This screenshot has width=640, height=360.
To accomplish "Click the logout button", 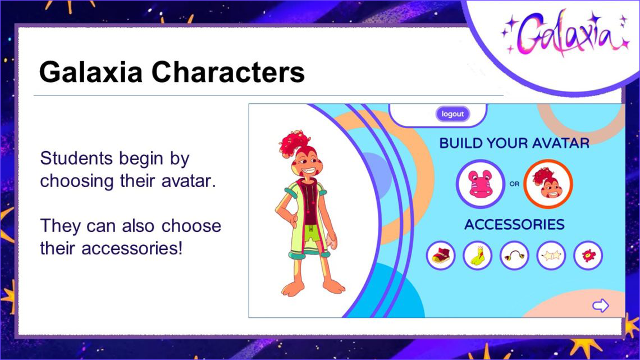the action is coord(452,114).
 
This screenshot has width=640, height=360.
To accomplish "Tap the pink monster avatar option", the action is coord(481,184).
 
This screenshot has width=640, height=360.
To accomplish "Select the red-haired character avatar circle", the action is coord(548,184).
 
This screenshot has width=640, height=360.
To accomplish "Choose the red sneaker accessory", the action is coord(441,256).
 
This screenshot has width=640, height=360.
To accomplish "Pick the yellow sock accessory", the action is coord(478,256).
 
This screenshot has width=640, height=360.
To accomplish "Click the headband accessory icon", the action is coord(514,256).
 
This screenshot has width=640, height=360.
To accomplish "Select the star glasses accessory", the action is coord(551,256).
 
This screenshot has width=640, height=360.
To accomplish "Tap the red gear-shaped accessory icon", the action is coord(588,256).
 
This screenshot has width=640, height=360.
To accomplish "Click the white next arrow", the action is coord(600,306).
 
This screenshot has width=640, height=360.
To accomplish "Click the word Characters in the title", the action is coord(228,72).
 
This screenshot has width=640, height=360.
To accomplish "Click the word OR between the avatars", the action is coord(514,184).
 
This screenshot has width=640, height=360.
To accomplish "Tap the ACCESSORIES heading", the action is coord(514,225).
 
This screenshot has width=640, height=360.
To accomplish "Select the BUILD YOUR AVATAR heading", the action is coord(514,143).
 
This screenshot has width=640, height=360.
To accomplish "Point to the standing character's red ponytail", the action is coord(294,143).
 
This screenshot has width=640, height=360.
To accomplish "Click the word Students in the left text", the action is coord(76,158).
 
